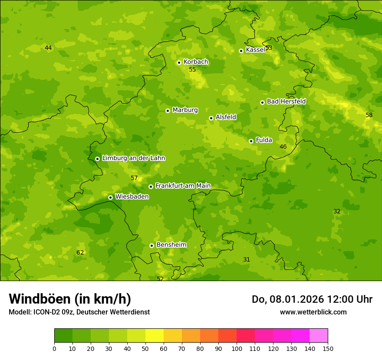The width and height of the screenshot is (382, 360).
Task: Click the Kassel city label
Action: click(x=255, y=50)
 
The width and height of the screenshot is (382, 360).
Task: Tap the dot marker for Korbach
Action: click(x=179, y=62)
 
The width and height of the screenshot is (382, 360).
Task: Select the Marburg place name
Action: click(x=185, y=110)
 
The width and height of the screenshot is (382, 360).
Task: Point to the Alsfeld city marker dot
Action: click(x=211, y=118)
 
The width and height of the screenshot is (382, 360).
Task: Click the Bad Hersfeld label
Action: click(x=286, y=101)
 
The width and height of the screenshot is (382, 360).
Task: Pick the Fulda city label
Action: click(x=264, y=140)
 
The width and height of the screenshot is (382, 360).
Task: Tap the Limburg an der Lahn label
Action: click(x=133, y=158)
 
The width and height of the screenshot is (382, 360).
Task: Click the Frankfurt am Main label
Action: click(x=183, y=186)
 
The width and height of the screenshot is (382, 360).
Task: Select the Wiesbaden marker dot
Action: click(x=110, y=197)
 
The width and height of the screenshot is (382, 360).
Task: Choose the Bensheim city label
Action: click(x=171, y=245)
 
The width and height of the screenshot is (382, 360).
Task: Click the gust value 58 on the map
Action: click(x=369, y=115)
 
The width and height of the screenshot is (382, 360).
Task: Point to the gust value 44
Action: click(x=48, y=48)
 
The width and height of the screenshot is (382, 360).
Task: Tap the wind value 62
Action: click(x=80, y=253)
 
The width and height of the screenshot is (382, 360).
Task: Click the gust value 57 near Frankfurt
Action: click(x=134, y=178)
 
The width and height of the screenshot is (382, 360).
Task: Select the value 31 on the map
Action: click(x=247, y=260)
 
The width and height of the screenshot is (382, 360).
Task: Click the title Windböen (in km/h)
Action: click(x=70, y=299)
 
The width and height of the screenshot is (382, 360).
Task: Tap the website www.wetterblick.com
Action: click(x=313, y=312)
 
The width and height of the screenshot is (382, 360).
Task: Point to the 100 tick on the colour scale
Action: click(x=237, y=348)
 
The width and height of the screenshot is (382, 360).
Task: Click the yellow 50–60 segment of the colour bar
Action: click(x=155, y=336)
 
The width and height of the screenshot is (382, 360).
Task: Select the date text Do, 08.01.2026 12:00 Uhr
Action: click(x=312, y=299)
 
